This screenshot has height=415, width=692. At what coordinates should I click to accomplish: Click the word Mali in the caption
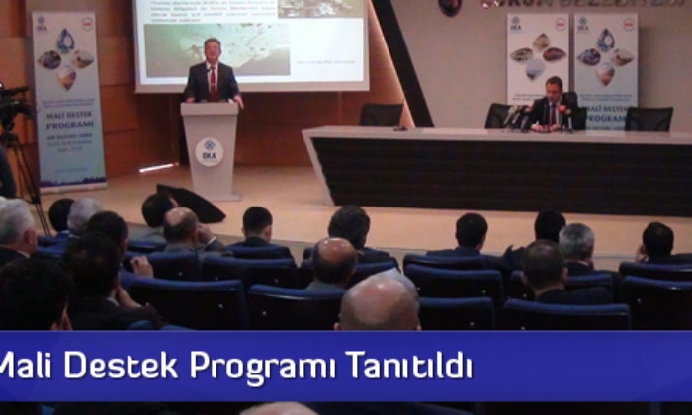26,366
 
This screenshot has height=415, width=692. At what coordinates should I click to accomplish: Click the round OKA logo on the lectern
209,151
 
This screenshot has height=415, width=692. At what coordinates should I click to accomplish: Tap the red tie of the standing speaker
213,81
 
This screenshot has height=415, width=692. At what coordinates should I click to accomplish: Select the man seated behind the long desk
553,105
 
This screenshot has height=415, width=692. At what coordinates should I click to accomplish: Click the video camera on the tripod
12,104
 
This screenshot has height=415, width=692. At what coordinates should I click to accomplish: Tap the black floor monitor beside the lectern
190,203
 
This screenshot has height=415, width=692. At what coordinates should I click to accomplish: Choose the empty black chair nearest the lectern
381,115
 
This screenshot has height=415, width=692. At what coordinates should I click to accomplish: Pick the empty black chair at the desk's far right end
649,119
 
